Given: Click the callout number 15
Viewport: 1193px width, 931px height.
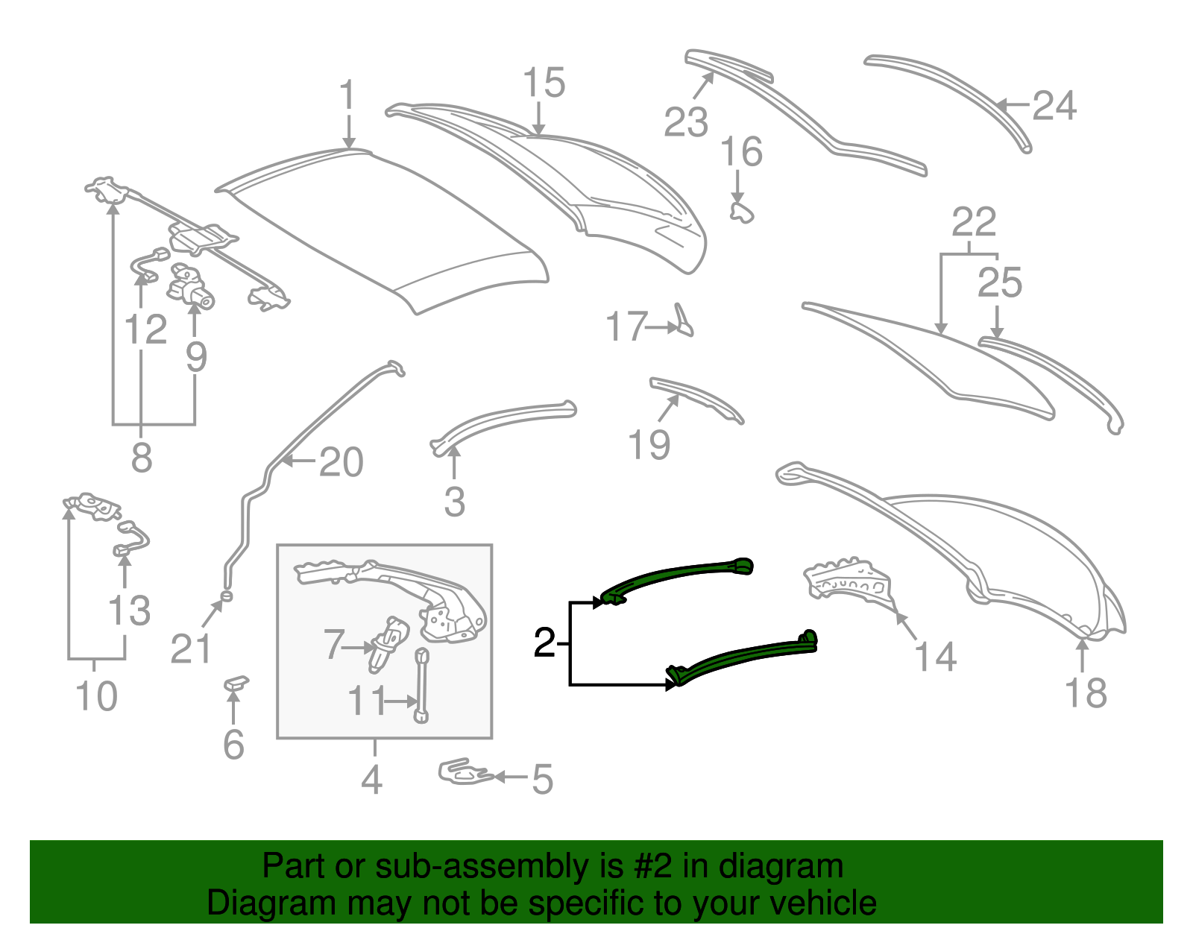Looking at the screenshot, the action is pyautogui.click(x=544, y=83).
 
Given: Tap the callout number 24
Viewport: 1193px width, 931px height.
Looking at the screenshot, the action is pyautogui.click(x=1054, y=106).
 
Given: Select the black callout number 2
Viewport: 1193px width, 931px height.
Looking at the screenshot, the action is pyautogui.click(x=544, y=643).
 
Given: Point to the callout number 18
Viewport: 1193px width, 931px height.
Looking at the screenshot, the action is pyautogui.click(x=1086, y=692).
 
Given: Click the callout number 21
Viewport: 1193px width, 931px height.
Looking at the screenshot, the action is pyautogui.click(x=190, y=648).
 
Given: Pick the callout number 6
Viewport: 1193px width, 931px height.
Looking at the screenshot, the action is pyautogui.click(x=233, y=745).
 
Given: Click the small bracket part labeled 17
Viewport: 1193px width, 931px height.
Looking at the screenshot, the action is pyautogui.click(x=684, y=321).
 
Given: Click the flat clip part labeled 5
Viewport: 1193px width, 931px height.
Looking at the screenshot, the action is pyautogui.click(x=465, y=772).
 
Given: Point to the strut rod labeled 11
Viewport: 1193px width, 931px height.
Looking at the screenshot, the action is pyautogui.click(x=421, y=686).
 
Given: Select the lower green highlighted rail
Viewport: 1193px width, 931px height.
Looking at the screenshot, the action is pyautogui.click(x=741, y=658).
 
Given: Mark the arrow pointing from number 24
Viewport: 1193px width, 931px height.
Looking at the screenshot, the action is pyautogui.click(x=1014, y=105).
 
